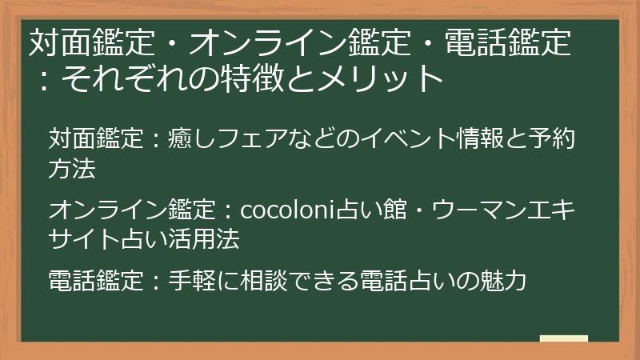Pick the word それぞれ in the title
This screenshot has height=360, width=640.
point(121,78)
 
